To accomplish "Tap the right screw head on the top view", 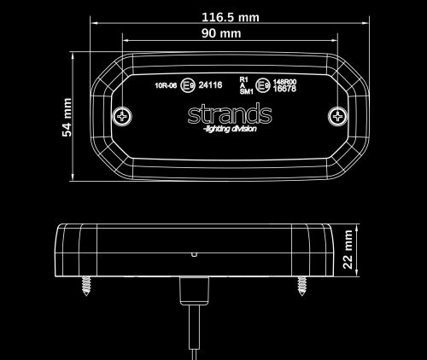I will pos(340,115).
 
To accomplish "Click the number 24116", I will pos(210,85).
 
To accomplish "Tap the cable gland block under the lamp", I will pos(192,292).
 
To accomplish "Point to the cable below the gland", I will pos(192,333).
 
